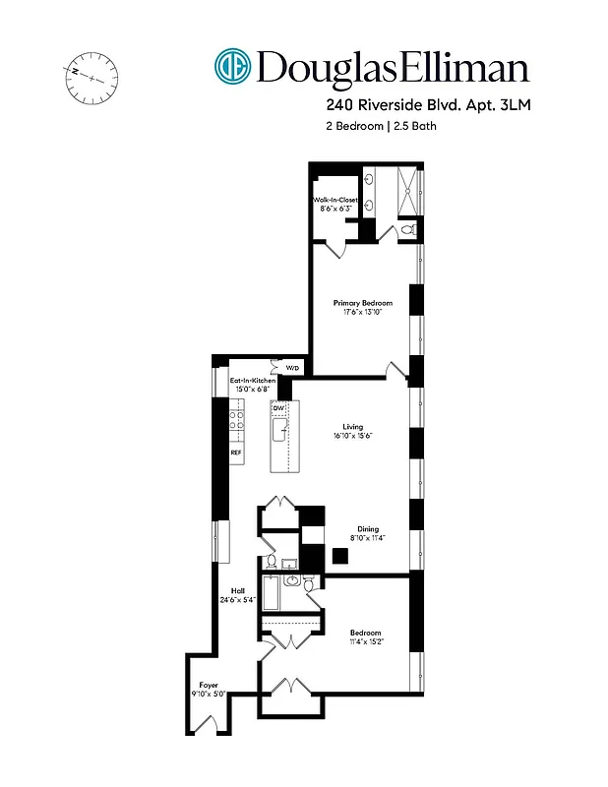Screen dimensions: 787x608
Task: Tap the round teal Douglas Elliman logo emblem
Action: click(233, 67)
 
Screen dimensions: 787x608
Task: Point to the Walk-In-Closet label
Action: click(336, 199)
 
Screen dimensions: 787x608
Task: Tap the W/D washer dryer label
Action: click(292, 369)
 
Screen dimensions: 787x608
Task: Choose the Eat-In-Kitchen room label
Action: click(253, 380)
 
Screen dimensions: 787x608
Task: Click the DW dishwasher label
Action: click(278, 407)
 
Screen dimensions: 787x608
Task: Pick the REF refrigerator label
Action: click(236, 452)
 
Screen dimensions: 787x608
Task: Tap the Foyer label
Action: click(209, 684)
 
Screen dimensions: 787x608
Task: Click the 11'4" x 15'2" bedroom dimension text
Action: click(365, 641)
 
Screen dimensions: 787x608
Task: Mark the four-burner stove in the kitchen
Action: click(237, 425)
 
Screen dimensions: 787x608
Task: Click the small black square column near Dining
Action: click(339, 555)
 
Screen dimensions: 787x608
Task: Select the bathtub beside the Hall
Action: click(272, 593)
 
